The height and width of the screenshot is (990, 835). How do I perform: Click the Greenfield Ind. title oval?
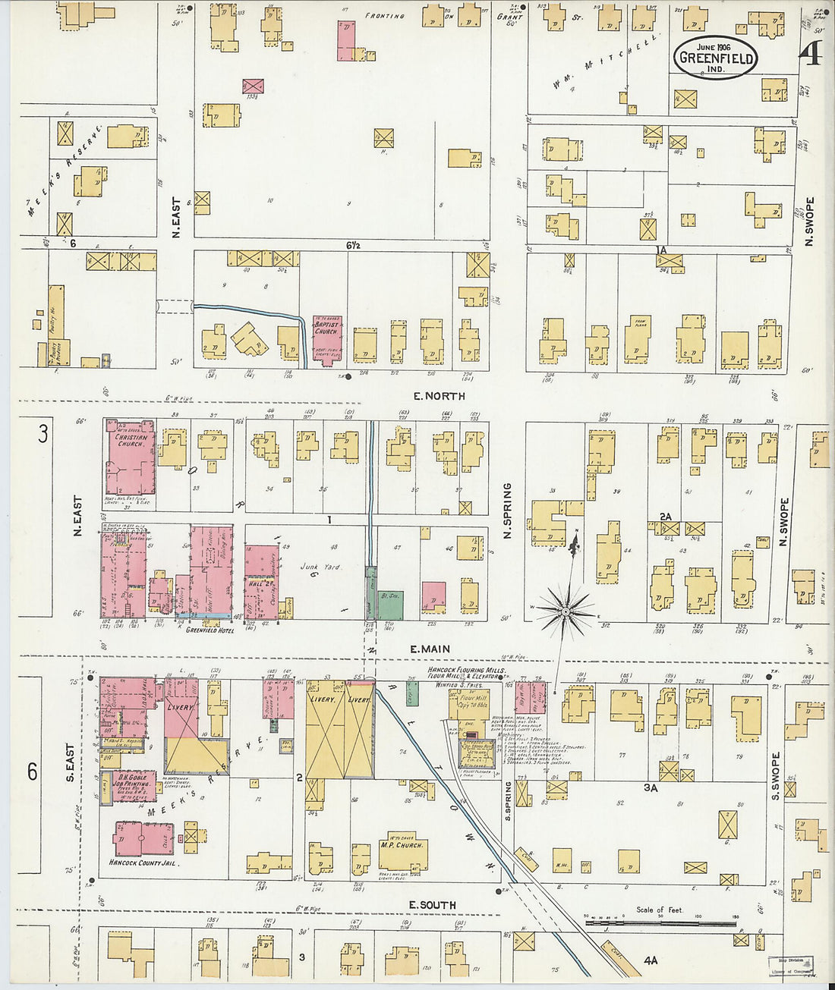point(716,57)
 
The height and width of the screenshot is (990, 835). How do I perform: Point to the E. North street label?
point(439,396)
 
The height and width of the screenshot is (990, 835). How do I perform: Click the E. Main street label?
point(430,649)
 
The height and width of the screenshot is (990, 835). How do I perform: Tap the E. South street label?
point(432,905)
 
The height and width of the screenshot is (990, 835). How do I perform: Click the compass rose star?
point(566,610)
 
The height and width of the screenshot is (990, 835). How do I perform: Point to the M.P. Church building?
point(402,850)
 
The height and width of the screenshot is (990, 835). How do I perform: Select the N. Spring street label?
point(507,511)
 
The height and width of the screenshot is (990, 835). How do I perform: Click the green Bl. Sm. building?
point(391,604)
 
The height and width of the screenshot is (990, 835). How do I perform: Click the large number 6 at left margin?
point(33,772)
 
